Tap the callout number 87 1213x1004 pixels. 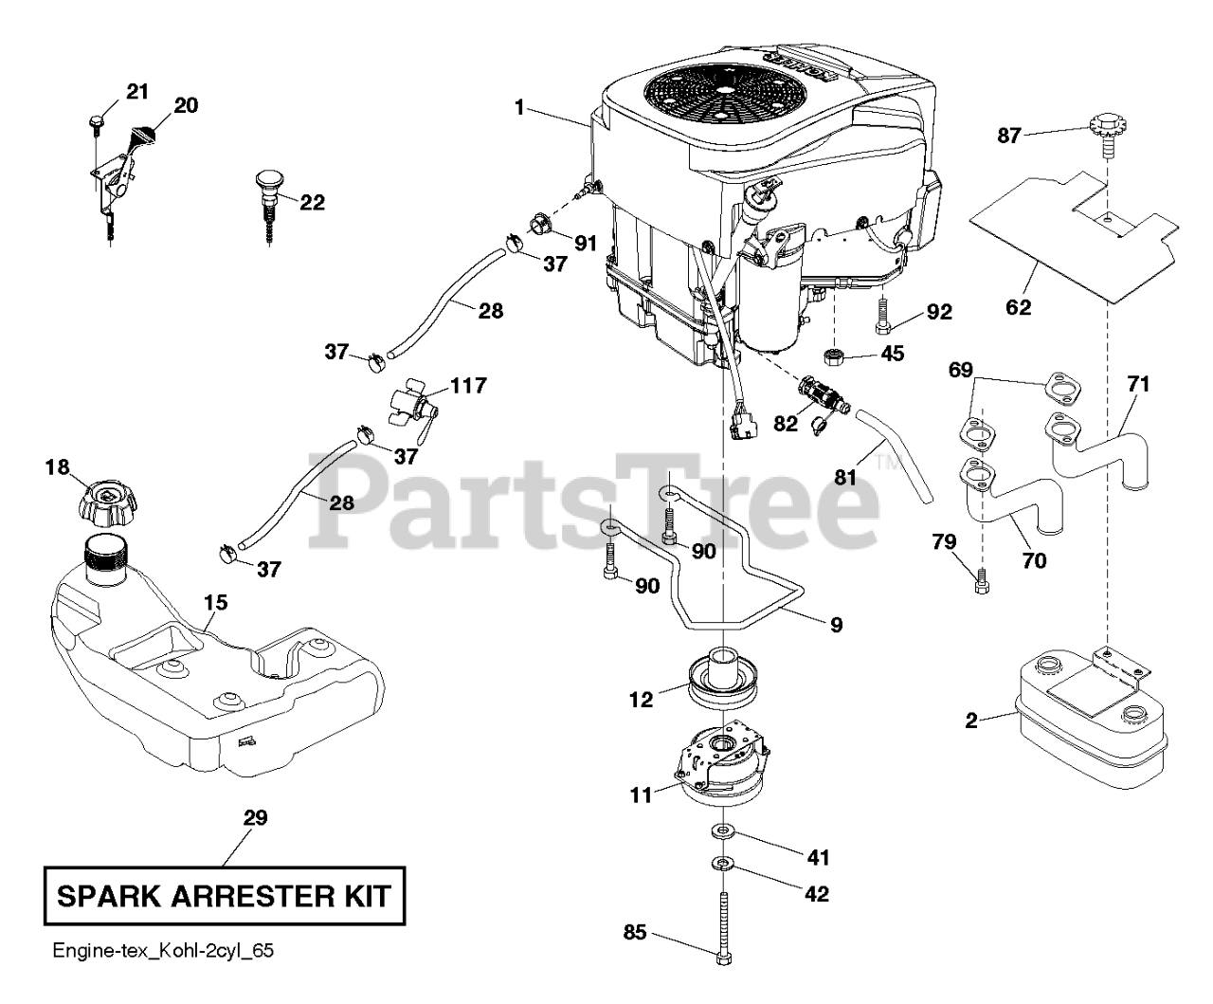coord(1009,137)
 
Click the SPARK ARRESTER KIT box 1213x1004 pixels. coord(224,896)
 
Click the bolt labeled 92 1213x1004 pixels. coord(883,317)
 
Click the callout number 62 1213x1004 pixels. coord(1020,307)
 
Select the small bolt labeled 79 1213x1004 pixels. coord(983,578)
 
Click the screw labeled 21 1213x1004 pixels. coord(97,120)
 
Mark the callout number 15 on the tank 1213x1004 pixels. coord(215,602)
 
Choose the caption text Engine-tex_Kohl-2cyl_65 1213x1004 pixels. coord(163,950)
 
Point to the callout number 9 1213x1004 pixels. coord(835,625)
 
